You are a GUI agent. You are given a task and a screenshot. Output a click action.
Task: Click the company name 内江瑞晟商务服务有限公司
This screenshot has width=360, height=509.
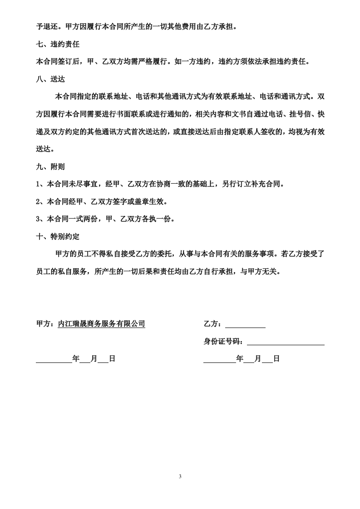101,324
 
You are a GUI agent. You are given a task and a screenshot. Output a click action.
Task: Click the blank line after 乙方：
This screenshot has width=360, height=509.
245,325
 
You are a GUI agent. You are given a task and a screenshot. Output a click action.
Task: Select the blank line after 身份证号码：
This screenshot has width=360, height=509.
286,342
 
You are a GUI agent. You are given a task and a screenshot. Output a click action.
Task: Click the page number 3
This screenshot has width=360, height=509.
180,476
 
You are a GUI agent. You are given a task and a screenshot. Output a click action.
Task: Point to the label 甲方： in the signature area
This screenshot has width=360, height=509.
46,324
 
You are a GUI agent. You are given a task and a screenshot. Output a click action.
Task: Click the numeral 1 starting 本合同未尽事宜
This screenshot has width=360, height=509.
38,184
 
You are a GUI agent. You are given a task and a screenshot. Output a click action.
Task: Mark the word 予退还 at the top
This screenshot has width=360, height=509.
47,27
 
